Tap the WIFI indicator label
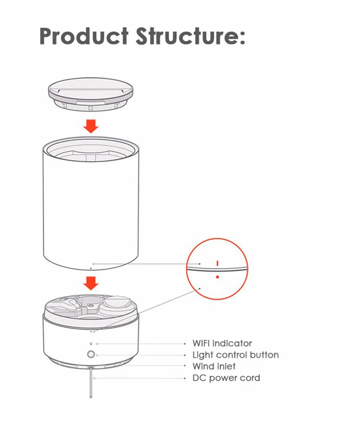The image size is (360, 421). pos(222,344)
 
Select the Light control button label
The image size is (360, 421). pos(235,355)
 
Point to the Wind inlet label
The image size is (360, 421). pos(214,366)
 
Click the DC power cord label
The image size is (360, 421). pos(226,378)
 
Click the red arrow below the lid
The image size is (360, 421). pos(92,126)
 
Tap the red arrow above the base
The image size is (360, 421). pos(92,284)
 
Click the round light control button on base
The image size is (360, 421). pos(91,355)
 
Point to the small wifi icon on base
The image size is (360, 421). pos(91,344)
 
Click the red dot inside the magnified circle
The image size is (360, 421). pos(218,277)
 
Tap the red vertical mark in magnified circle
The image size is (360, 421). pos(218,263)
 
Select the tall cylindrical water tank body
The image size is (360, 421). pos(91,210)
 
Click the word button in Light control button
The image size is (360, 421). pos(264,355)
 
